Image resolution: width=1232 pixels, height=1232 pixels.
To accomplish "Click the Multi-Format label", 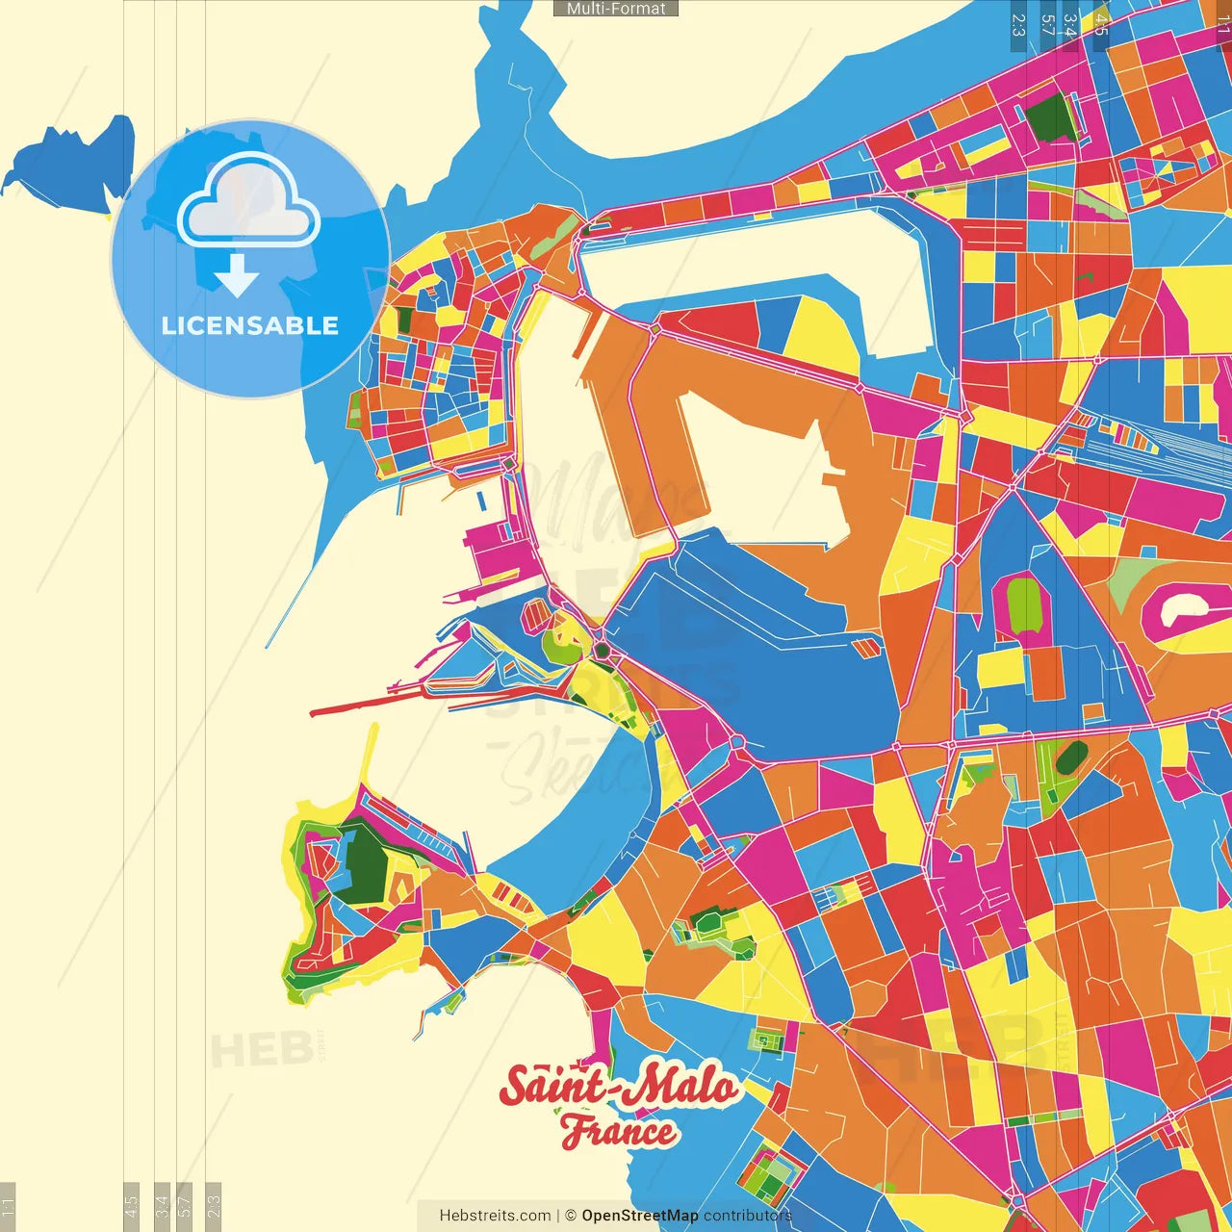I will [x=616, y=9].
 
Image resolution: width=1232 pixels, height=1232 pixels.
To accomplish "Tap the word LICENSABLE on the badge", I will [x=250, y=325].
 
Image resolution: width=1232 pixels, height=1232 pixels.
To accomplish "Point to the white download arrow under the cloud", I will [x=237, y=276].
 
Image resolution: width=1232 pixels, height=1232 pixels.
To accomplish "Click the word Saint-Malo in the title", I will [x=618, y=1086].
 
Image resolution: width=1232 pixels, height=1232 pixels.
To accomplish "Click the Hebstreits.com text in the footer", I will [x=495, y=1216].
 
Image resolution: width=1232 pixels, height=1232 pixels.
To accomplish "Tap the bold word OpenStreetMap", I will [x=640, y=1216].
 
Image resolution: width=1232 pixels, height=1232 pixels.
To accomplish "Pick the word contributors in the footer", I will [x=748, y=1216].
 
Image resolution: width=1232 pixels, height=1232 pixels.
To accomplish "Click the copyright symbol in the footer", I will [x=571, y=1216].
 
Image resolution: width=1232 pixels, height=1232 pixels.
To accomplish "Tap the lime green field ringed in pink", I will [x=1024, y=604].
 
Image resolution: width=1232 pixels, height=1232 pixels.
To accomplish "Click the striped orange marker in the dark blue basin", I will [x=867, y=649].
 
